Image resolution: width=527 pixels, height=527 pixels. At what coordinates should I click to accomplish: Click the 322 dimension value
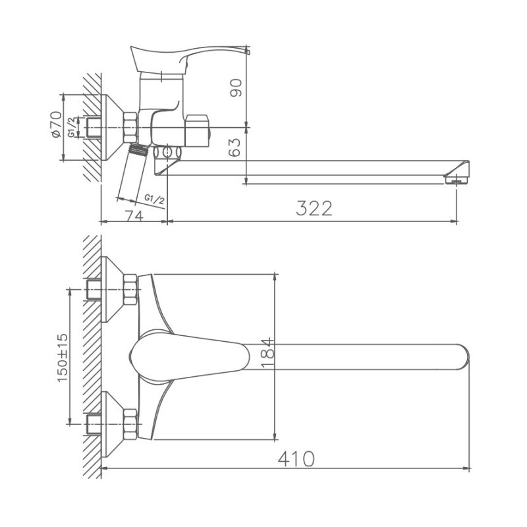pos(314,208)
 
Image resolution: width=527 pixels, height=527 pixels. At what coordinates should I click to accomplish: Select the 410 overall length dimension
pos(296,458)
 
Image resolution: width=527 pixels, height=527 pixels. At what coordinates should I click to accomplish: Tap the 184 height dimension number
pos(268,353)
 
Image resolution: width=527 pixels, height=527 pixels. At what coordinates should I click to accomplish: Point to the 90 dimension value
pos(236,88)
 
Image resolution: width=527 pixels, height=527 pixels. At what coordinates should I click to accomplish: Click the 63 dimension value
pos(235,147)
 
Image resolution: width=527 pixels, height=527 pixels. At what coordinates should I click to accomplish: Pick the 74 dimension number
pos(134,216)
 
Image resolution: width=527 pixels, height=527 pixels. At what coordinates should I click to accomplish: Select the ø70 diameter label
pos(56,124)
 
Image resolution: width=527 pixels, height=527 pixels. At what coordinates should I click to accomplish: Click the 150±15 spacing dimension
pos(62,358)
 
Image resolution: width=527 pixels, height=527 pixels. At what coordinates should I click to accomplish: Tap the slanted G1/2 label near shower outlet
pos(155,199)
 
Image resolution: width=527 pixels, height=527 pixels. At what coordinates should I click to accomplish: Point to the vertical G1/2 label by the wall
pos(71,127)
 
